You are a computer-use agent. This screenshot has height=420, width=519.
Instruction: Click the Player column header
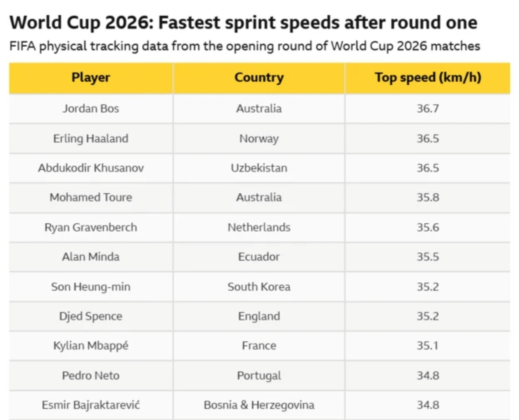pos(91,77)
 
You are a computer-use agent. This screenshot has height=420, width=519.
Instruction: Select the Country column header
pos(259,77)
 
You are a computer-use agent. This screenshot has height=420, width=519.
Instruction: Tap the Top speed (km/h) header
pos(428,77)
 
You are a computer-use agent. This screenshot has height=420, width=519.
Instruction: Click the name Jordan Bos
pos(91,108)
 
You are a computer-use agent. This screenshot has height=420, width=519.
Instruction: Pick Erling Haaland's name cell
pos(91,138)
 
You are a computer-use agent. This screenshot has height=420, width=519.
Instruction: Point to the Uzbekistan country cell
pos(259,168)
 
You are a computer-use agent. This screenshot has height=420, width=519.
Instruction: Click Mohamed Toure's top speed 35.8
pos(428,197)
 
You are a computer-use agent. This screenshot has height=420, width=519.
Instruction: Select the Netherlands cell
pos(259,227)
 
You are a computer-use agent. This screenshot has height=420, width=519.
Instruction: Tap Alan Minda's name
pos(91,257)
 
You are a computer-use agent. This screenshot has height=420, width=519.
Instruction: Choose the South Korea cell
pos(259,287)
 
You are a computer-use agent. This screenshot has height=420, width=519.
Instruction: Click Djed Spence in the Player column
pos(91,316)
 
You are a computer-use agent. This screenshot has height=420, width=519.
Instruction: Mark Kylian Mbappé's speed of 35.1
pos(427,346)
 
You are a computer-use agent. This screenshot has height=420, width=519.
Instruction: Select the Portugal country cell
pos(259,376)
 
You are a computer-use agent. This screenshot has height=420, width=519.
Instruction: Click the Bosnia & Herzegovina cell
pos(259,405)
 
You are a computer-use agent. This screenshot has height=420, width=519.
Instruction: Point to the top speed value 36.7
pos(428,108)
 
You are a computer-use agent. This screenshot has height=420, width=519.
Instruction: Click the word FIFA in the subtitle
pos(22,46)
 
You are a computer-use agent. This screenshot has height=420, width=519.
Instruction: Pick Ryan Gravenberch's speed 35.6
pos(428,227)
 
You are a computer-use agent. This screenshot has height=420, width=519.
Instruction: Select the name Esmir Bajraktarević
pos(91,405)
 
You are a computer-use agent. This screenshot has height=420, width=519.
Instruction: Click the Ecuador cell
pos(259,257)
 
